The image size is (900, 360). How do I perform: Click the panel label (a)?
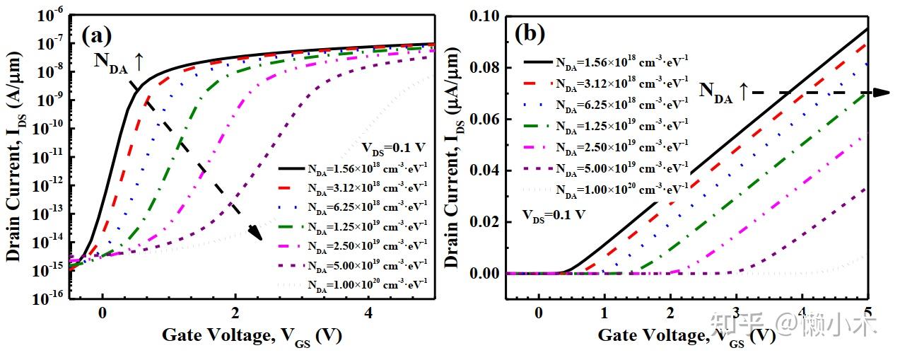coord(97,35)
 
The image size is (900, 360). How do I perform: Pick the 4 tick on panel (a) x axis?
coord(368,314)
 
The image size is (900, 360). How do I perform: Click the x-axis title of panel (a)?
coord(252,337)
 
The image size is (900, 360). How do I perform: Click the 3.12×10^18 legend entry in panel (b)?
coord(605,83)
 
